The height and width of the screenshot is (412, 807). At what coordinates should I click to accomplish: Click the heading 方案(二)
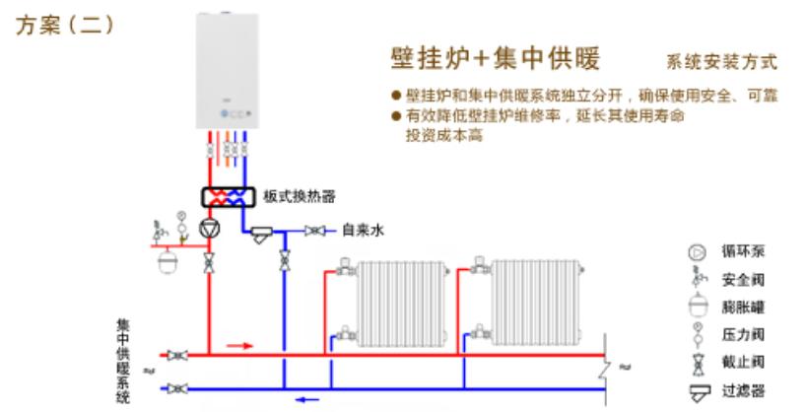pos(65,26)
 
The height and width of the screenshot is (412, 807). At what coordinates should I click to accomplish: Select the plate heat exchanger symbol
pos(228,196)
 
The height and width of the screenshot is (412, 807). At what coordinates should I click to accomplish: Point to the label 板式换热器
pos(293,196)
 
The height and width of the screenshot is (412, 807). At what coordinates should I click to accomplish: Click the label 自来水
pos(362,231)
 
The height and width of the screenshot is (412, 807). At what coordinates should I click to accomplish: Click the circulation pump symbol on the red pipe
pos(210,228)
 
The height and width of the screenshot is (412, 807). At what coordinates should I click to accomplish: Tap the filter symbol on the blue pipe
pos(261,235)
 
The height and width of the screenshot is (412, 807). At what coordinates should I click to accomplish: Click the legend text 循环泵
pos(744,253)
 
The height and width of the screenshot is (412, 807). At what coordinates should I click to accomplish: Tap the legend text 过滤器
pos(744,390)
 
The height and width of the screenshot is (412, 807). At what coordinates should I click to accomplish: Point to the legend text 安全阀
pos(744,279)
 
